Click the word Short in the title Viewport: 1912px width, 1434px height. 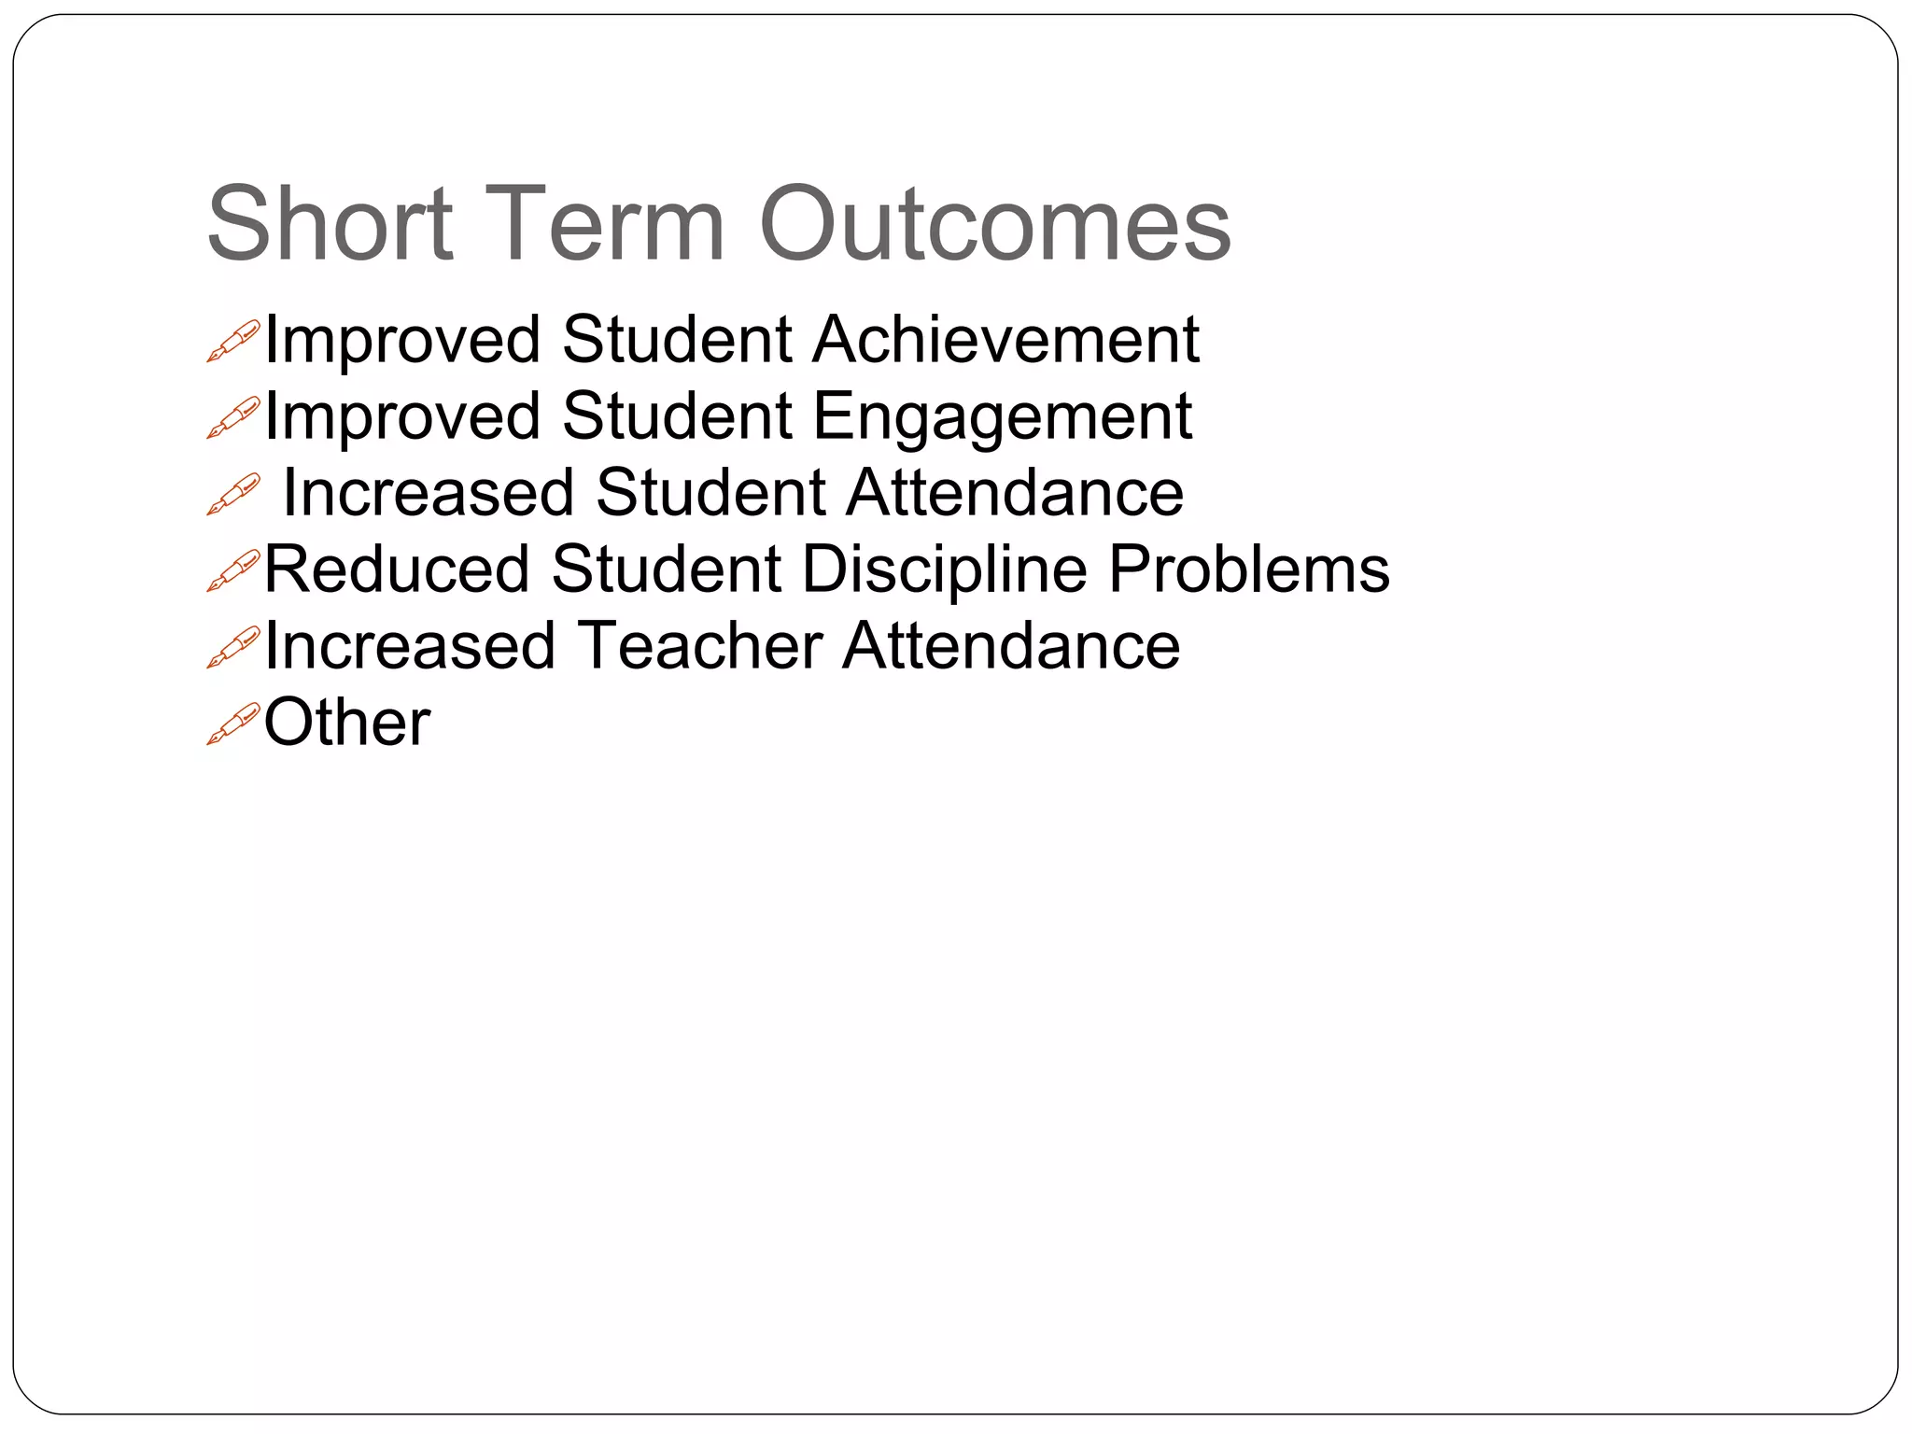330,224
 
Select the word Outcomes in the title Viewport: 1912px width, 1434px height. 995,224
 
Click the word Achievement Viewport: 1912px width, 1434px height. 1005,339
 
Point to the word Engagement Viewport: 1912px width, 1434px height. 1002,416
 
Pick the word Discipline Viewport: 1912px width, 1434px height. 944,569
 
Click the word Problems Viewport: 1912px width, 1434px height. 1248,569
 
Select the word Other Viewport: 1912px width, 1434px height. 347,722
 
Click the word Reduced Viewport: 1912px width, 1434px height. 397,569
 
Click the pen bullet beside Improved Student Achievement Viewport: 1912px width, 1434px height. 233,341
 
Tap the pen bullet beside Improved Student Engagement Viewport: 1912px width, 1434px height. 233,417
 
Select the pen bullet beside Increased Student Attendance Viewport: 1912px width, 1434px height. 233,494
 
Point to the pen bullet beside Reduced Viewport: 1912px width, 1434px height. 233,570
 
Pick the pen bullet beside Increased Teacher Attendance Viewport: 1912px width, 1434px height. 233,647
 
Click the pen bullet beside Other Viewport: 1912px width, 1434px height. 233,724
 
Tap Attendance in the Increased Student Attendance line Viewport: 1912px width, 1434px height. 1015,492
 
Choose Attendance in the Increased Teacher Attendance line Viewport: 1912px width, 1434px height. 1011,645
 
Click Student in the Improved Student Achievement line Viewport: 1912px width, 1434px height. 677,339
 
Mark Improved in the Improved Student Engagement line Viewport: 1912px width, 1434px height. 402,416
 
